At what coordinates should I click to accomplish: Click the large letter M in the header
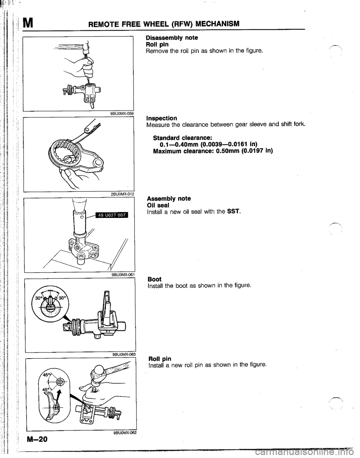(28, 23)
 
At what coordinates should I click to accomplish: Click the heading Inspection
(162, 118)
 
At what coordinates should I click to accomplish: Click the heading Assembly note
(169, 199)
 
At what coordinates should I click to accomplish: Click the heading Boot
(154, 279)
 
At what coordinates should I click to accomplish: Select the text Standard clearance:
(182, 138)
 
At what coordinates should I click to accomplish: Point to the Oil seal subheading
(158, 205)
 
